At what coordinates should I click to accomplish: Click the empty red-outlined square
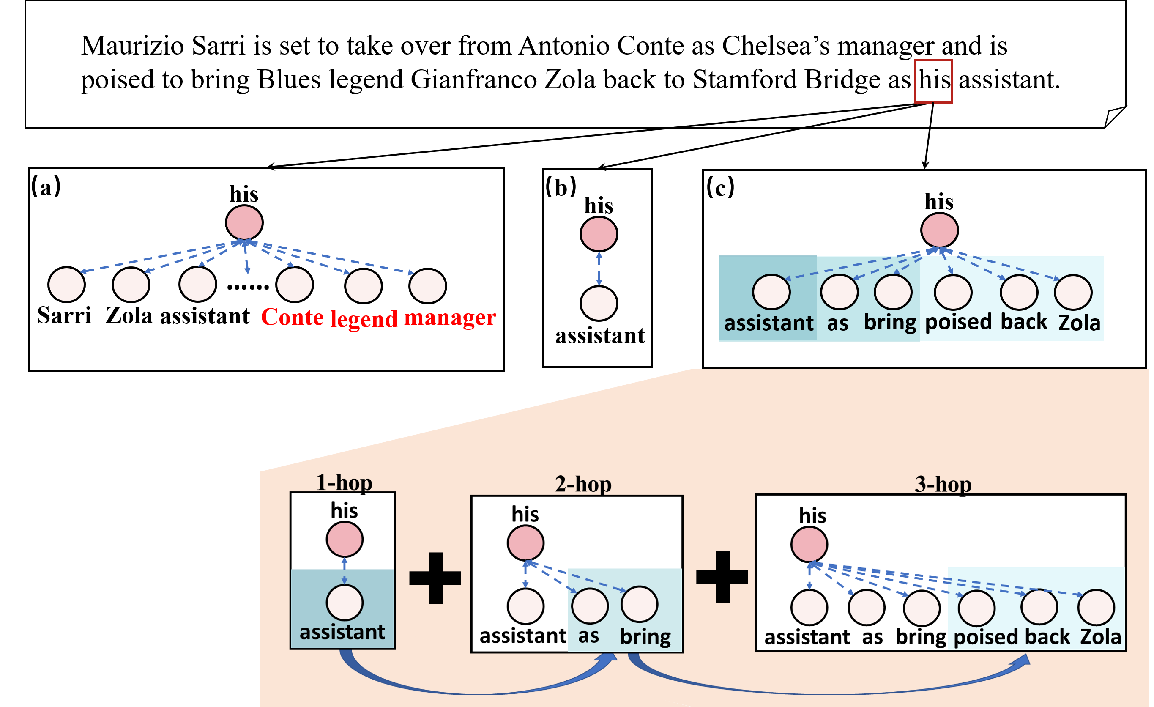(x=933, y=81)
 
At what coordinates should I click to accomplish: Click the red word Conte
(x=292, y=317)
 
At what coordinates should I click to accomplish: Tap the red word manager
(x=450, y=317)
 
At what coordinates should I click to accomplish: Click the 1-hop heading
(x=344, y=482)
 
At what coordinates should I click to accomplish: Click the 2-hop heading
(x=583, y=484)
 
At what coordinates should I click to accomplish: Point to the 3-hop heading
(x=943, y=484)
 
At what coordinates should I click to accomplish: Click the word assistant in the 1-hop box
(x=342, y=632)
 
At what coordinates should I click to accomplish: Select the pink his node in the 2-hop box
(x=525, y=543)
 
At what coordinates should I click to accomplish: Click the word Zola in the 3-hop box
(x=1101, y=637)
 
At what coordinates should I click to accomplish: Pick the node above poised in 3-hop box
(x=976, y=608)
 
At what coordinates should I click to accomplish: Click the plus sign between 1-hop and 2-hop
(x=435, y=578)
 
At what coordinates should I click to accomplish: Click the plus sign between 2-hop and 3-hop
(x=722, y=577)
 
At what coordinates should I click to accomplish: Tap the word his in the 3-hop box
(x=812, y=515)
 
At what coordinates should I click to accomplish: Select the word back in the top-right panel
(x=1023, y=322)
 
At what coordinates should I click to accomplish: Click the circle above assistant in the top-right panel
(x=771, y=292)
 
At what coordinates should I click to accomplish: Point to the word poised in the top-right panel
(x=958, y=322)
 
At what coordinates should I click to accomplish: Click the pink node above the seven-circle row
(x=244, y=222)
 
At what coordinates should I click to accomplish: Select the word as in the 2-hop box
(x=588, y=636)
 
